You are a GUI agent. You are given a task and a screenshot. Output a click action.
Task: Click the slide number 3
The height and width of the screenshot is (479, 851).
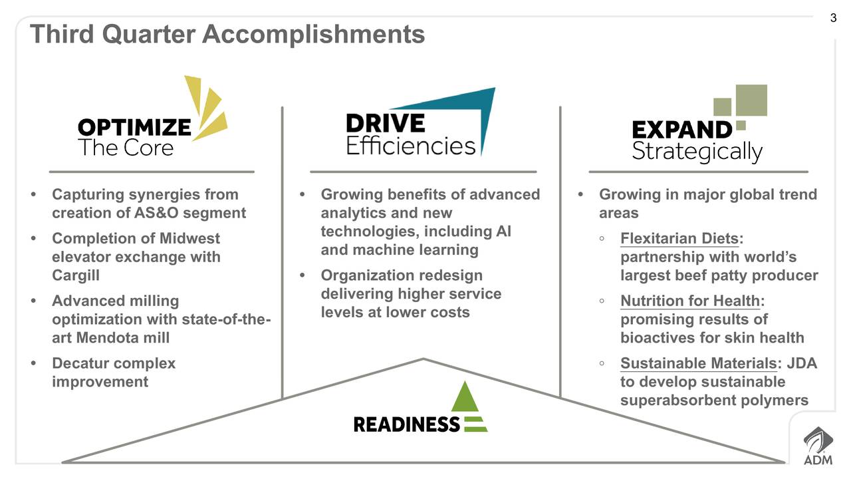tap(833, 18)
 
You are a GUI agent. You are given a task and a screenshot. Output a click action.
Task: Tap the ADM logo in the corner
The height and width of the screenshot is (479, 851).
tap(818, 446)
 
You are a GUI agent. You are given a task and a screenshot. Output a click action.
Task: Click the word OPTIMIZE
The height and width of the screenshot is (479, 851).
tap(134, 127)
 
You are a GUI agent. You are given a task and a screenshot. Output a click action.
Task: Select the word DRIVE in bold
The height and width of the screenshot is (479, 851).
tap(385, 123)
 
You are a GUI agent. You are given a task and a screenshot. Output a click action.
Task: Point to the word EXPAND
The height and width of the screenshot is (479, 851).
tap(682, 130)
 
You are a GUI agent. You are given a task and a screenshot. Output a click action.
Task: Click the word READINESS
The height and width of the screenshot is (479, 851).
tap(406, 424)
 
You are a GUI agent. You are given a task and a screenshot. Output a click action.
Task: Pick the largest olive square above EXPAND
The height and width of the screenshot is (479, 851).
tap(751, 100)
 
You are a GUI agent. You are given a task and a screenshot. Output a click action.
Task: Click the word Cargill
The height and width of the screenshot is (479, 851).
tap(76, 275)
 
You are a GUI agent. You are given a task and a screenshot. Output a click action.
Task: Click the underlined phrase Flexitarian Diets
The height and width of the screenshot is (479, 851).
tap(679, 239)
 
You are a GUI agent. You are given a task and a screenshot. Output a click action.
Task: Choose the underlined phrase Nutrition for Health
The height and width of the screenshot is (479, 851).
tap(690, 301)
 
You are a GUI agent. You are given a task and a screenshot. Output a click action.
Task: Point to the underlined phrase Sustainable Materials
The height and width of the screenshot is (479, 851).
tap(699, 363)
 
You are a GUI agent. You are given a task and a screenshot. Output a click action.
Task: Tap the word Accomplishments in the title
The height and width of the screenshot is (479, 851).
tap(313, 34)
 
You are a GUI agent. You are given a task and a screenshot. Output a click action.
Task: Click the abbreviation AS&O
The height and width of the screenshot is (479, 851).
tap(156, 213)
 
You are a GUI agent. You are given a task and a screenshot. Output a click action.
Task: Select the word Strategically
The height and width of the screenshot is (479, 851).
tap(697, 152)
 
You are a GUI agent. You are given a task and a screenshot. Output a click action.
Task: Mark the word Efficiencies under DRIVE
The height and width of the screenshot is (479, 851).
tap(411, 145)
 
